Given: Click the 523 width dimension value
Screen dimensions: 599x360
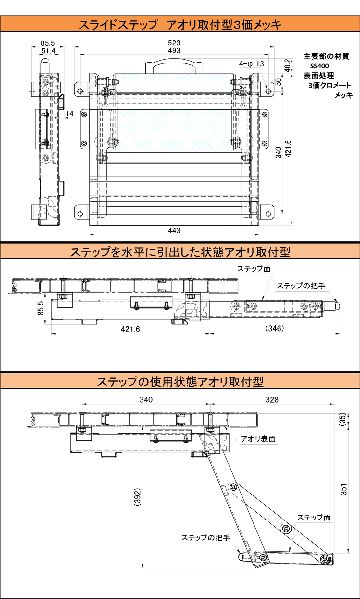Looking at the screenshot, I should click(174, 43).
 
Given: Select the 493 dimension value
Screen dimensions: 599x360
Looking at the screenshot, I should click(174, 51).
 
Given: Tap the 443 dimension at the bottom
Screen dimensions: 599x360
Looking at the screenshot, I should click(174, 231).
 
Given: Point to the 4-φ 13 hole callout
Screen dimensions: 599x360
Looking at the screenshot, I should click(252, 64).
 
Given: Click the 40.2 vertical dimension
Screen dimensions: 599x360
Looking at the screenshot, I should click(288, 66).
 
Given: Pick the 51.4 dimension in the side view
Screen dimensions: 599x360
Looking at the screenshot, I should click(48, 51).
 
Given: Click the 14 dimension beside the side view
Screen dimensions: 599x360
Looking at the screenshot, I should click(69, 114).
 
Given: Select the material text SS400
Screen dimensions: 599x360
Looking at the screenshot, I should click(319, 66).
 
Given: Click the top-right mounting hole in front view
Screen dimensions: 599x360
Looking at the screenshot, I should click(268, 91).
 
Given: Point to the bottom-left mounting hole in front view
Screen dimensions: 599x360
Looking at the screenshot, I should click(80, 214).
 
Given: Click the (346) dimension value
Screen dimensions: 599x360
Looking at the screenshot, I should click(275, 328).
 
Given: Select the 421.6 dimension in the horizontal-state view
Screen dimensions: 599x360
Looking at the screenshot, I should click(130, 329).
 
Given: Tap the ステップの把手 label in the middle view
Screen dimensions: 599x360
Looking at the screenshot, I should click(301, 286).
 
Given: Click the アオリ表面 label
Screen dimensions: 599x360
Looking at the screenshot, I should click(258, 439).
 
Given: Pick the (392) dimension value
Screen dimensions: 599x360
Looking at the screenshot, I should click(137, 497).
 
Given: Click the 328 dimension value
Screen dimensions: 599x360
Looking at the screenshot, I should click(272, 400).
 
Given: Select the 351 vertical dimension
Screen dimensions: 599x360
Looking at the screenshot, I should click(344, 489).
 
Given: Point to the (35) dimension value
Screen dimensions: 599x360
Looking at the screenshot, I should click(343, 420).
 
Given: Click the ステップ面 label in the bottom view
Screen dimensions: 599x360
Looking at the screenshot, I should click(314, 518).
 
